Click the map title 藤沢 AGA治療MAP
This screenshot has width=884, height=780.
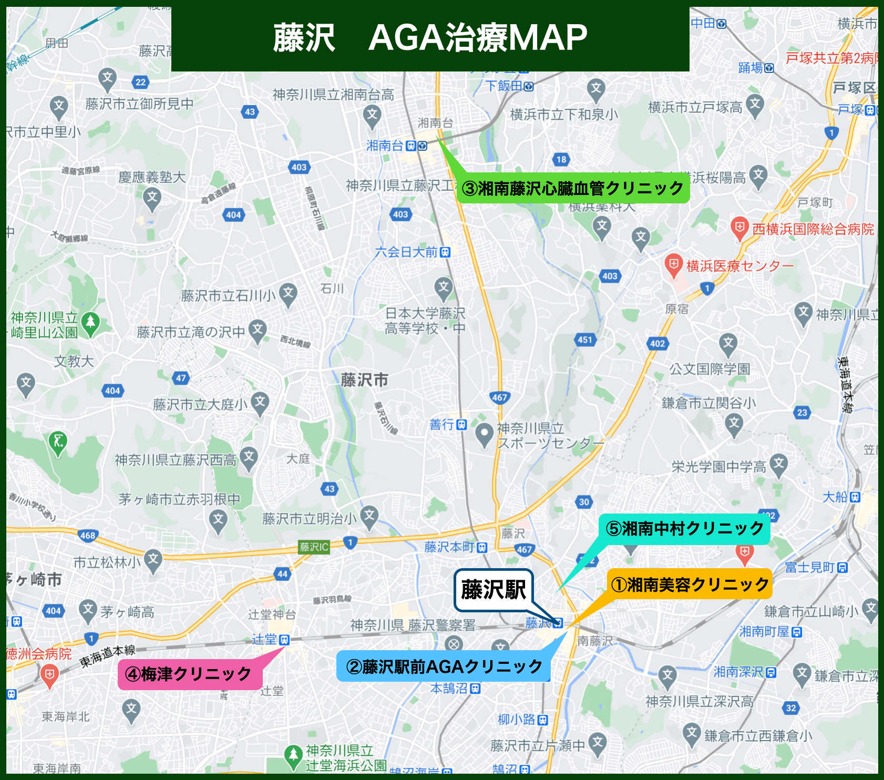[x=430, y=38]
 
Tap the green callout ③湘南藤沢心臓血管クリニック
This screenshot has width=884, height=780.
[x=573, y=188]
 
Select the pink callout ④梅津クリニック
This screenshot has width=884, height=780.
[x=189, y=674]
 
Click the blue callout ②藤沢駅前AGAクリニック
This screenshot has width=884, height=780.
[x=444, y=667]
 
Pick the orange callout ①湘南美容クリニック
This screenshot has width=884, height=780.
[x=690, y=584]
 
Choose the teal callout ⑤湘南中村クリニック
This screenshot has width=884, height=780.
[x=684, y=529]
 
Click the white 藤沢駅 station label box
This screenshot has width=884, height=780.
[x=493, y=590]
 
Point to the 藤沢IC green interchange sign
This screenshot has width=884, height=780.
[x=314, y=547]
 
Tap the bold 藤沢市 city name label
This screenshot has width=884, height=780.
[x=364, y=380]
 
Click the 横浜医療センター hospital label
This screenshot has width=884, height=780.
[x=739, y=266]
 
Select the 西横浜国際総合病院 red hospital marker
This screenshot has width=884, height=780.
[x=739, y=228]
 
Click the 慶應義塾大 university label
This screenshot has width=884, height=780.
[x=152, y=178]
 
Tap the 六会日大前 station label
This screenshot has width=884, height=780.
[x=406, y=252]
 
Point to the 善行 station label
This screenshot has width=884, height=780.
[x=441, y=425]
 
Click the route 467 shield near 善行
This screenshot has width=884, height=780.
[x=499, y=397]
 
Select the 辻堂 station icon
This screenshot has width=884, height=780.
[x=284, y=640]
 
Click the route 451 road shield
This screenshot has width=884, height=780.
[x=585, y=340]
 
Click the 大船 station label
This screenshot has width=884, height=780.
[x=835, y=497]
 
